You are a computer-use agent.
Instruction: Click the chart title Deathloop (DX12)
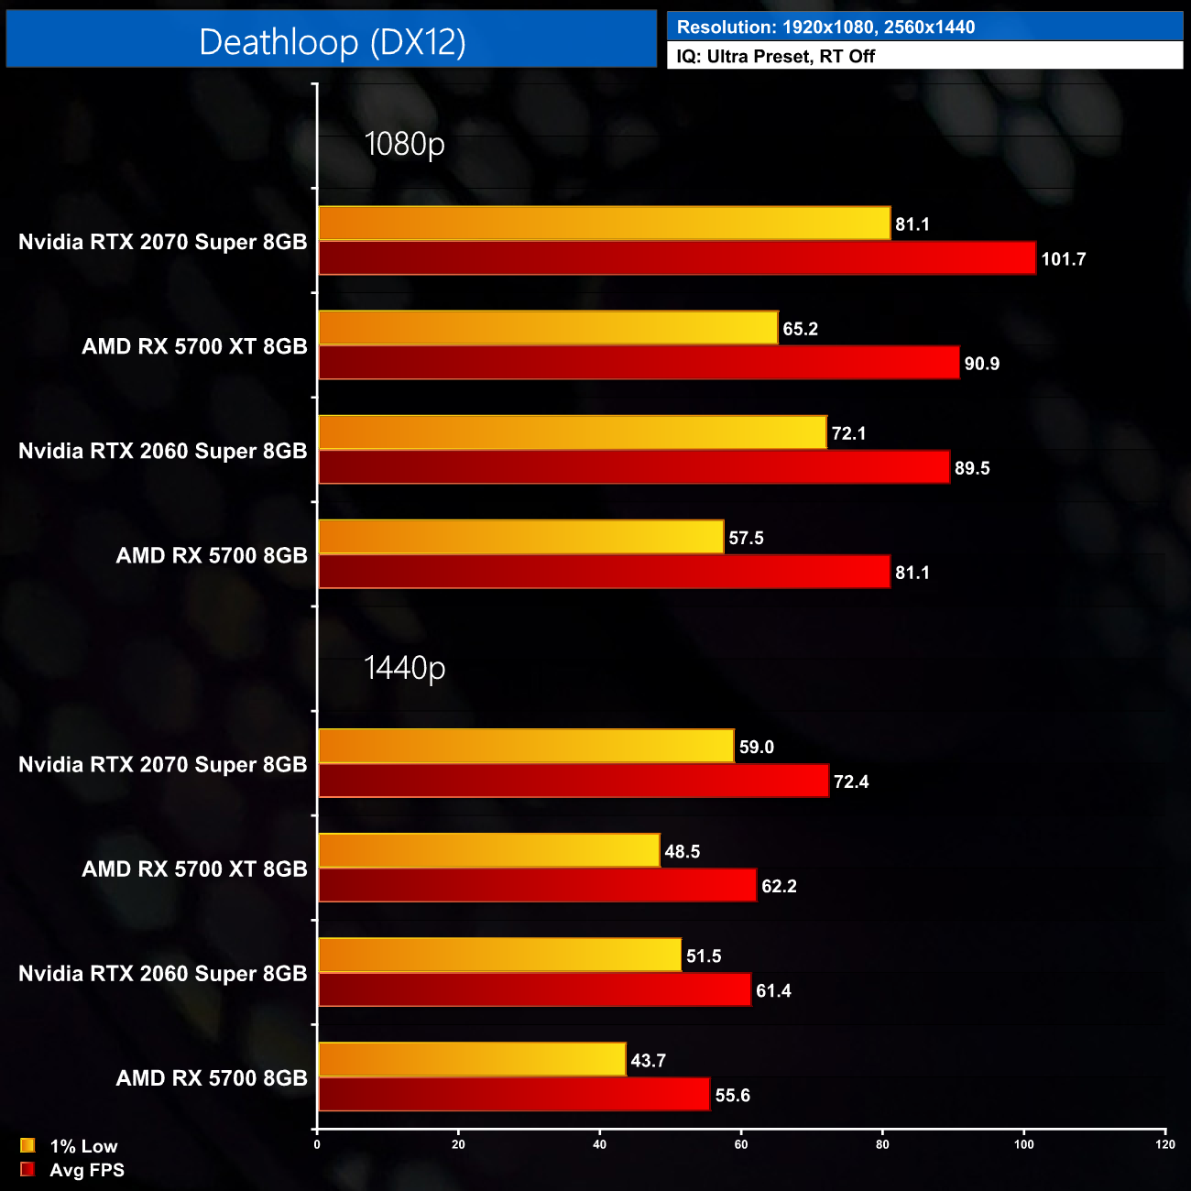(332, 42)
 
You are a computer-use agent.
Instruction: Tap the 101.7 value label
(1063, 259)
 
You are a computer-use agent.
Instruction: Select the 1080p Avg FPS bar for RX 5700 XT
(638, 363)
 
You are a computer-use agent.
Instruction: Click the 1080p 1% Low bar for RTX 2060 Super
(572, 432)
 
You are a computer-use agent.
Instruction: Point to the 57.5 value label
(746, 539)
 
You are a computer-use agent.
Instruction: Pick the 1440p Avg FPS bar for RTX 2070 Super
(573, 781)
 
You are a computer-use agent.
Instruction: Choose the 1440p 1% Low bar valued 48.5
(488, 851)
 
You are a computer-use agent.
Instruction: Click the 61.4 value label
(773, 991)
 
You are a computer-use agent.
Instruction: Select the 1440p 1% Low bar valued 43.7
(471, 1060)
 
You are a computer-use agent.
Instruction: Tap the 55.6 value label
(732, 1096)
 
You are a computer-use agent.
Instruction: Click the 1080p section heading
(404, 145)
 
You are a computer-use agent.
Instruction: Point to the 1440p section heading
(404, 668)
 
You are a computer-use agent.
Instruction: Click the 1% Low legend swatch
(27, 1145)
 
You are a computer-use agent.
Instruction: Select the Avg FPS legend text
(87, 1170)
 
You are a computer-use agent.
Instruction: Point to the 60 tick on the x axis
(741, 1144)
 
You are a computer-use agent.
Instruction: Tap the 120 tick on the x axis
(1164, 1144)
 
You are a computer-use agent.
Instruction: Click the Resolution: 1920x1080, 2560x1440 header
(825, 27)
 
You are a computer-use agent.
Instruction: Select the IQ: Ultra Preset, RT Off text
(775, 57)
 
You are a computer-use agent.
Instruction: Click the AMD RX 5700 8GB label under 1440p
(212, 1078)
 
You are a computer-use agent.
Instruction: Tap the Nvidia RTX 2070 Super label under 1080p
(162, 242)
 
